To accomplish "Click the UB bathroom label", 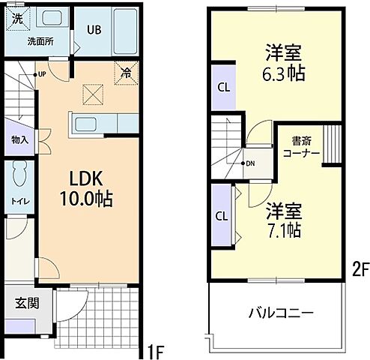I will pos(94,30).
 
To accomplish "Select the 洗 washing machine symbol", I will pos(17,19).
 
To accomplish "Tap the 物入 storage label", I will pos(19,139).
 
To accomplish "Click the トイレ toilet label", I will pos(19,200).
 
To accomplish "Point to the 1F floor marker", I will pos(156,350).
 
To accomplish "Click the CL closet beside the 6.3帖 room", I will pos(223,86).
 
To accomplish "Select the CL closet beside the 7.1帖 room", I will pos(222,216).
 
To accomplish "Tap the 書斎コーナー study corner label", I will pos(301,146).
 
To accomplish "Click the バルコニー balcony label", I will pos(282,313).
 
